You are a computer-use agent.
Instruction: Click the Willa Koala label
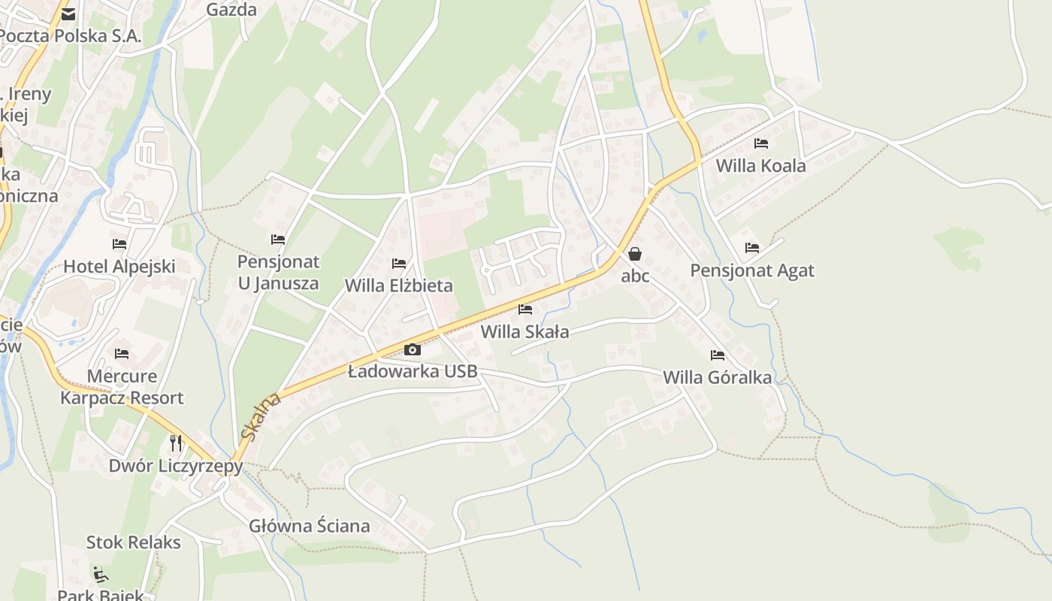click(760, 166)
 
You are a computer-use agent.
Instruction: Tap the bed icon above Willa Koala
click(761, 143)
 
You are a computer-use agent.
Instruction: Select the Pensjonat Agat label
click(752, 270)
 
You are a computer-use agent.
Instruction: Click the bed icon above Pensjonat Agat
click(752, 247)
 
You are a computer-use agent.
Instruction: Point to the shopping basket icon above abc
click(635, 254)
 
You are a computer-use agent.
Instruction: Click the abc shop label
click(635, 276)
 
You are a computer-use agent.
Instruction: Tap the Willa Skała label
click(524, 331)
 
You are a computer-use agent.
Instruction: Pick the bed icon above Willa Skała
click(525, 309)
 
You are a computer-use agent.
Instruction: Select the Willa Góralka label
click(717, 377)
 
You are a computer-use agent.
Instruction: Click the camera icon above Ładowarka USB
click(412, 349)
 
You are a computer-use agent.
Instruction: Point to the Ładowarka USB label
click(413, 371)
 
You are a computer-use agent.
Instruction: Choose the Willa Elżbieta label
click(398, 285)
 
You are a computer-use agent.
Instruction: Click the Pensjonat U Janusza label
click(278, 273)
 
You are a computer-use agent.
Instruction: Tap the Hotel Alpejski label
click(119, 266)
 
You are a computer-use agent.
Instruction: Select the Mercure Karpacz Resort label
click(122, 387)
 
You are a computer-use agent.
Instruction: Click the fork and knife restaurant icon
click(176, 442)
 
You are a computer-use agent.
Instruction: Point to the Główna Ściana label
click(310, 526)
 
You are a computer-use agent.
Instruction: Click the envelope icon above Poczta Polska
click(68, 14)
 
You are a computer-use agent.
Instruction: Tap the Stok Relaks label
click(133, 542)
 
